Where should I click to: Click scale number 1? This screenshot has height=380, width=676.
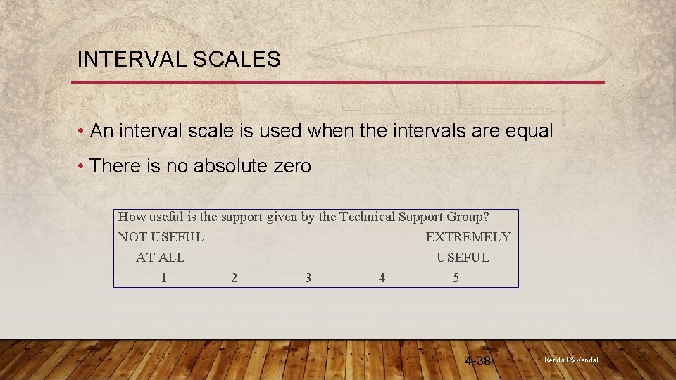tap(163, 278)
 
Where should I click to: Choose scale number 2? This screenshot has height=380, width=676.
tap(234, 278)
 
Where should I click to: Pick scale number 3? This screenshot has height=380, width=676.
tap(308, 278)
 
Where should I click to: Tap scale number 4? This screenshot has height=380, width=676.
tap(382, 278)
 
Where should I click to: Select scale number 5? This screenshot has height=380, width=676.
tap(456, 278)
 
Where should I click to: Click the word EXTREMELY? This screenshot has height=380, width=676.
tap(468, 238)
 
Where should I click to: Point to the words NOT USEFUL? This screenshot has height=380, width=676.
tap(161, 238)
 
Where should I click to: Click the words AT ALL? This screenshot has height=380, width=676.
tap(160, 258)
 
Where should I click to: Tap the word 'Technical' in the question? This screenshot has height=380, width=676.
tap(367, 217)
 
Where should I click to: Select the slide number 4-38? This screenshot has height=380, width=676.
tap(478, 361)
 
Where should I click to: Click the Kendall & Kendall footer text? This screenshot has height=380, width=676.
tap(572, 360)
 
